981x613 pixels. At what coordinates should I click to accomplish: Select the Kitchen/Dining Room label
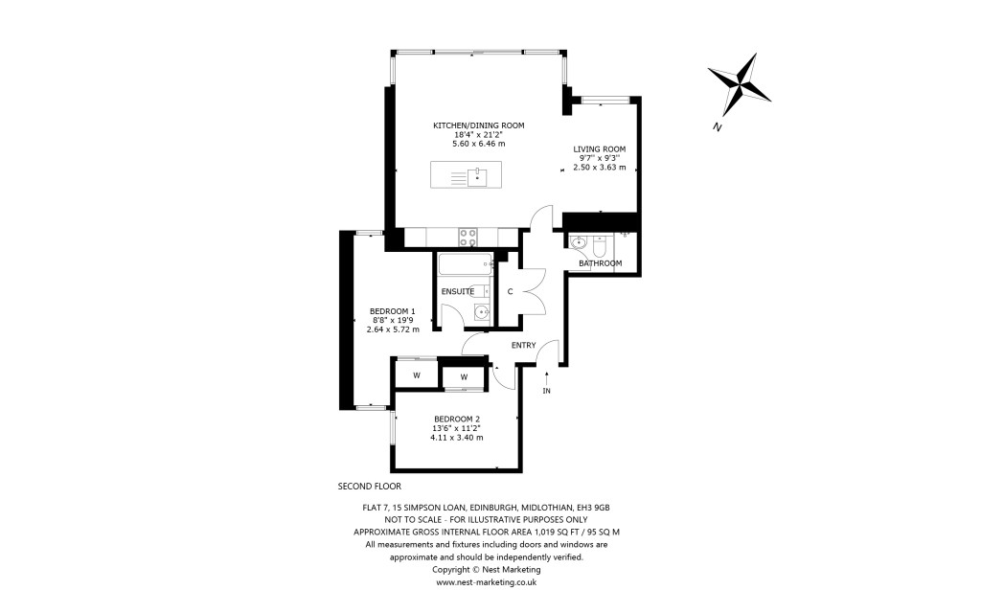pyautogui.click(x=478, y=125)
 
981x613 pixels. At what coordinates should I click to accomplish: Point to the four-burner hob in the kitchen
pyautogui.click(x=468, y=236)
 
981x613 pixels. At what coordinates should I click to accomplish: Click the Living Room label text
pyautogui.click(x=599, y=148)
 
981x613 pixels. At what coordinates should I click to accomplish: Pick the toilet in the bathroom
pyautogui.click(x=598, y=242)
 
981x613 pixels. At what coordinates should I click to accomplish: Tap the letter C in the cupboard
pyautogui.click(x=510, y=291)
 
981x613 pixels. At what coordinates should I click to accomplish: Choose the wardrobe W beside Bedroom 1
pyautogui.click(x=417, y=375)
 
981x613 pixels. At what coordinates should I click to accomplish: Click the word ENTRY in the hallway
pyautogui.click(x=523, y=345)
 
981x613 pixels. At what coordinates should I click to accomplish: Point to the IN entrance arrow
pyautogui.click(x=547, y=381)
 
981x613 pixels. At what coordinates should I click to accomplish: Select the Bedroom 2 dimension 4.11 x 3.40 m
pyautogui.click(x=457, y=438)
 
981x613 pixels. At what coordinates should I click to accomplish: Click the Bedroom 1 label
pyautogui.click(x=393, y=310)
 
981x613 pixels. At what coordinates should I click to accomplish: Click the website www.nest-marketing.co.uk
pyautogui.click(x=486, y=581)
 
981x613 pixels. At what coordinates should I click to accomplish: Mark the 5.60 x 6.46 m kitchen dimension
pyautogui.click(x=478, y=144)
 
